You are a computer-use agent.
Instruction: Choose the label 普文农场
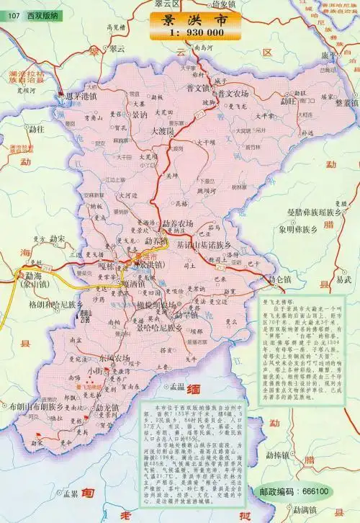point(235,94)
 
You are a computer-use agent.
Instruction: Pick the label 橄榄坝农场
point(156,305)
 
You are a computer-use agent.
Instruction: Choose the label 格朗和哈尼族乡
point(55,305)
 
